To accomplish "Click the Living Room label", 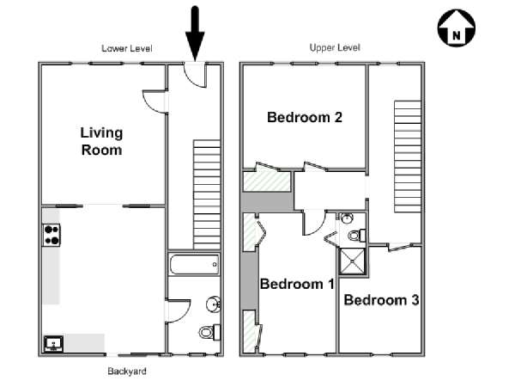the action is point(101,141).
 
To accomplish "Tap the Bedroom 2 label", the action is point(305,117).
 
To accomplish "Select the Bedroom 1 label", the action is point(297,284).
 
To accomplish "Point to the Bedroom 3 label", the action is point(381,300).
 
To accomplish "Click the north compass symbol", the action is point(457,28).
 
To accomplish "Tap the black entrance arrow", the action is point(195,34).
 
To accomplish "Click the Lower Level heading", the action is point(127,48).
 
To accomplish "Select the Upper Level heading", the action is point(335,47).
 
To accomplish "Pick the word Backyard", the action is point(127,372).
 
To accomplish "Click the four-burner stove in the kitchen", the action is point(51,235).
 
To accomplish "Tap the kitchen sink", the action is point(53,343).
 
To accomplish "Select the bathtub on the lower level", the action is point(194,264).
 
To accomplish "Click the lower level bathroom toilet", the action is point(210,332).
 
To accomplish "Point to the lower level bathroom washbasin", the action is point(213,304).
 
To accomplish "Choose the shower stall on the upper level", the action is point(353,261).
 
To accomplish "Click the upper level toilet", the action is point(357,236).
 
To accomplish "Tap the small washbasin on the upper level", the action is point(347,218).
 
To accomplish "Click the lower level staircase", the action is point(207,194).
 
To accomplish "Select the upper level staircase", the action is point(408,157).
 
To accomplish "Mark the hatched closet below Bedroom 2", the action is point(267,181).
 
